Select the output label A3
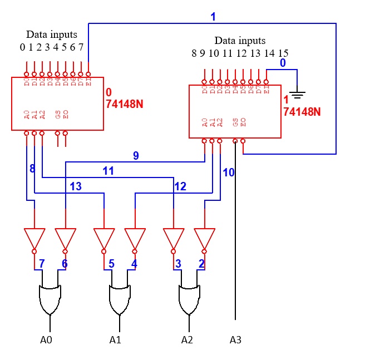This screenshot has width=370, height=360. [236, 339]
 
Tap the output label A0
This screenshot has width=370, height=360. [46, 339]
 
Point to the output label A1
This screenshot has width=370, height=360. [115, 339]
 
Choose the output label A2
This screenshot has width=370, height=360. [187, 339]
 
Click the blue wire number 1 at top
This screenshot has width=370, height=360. [213, 17]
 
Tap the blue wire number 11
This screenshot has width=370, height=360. [108, 171]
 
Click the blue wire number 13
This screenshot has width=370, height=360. [76, 186]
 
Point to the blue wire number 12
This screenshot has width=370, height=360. [180, 186]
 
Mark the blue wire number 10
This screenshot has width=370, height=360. [229, 172]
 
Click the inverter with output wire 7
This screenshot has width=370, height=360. [34, 238]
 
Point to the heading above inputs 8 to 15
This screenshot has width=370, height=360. [240, 41]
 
